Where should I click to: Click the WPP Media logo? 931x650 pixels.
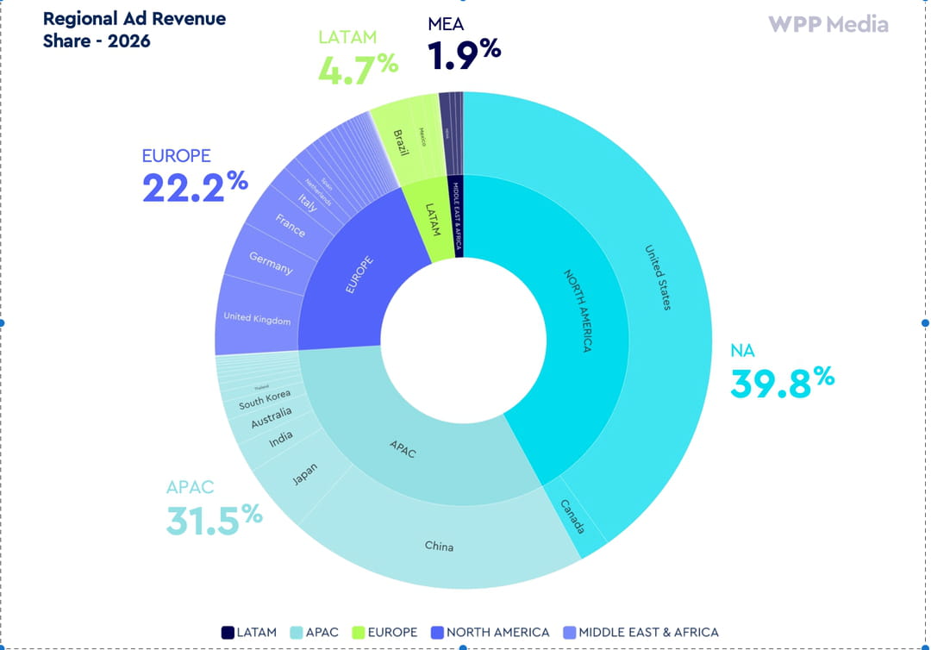(828, 24)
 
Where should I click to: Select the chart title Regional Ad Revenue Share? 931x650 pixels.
(134, 29)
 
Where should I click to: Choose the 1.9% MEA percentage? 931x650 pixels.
(464, 54)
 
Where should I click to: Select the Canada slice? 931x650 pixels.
(572, 516)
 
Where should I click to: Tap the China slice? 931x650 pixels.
(439, 546)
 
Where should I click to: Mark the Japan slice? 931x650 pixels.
(305, 474)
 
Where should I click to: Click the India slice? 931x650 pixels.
(280, 440)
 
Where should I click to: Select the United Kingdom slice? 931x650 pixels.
(257, 318)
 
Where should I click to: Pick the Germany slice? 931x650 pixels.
(271, 263)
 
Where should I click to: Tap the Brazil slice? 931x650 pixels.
(402, 138)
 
